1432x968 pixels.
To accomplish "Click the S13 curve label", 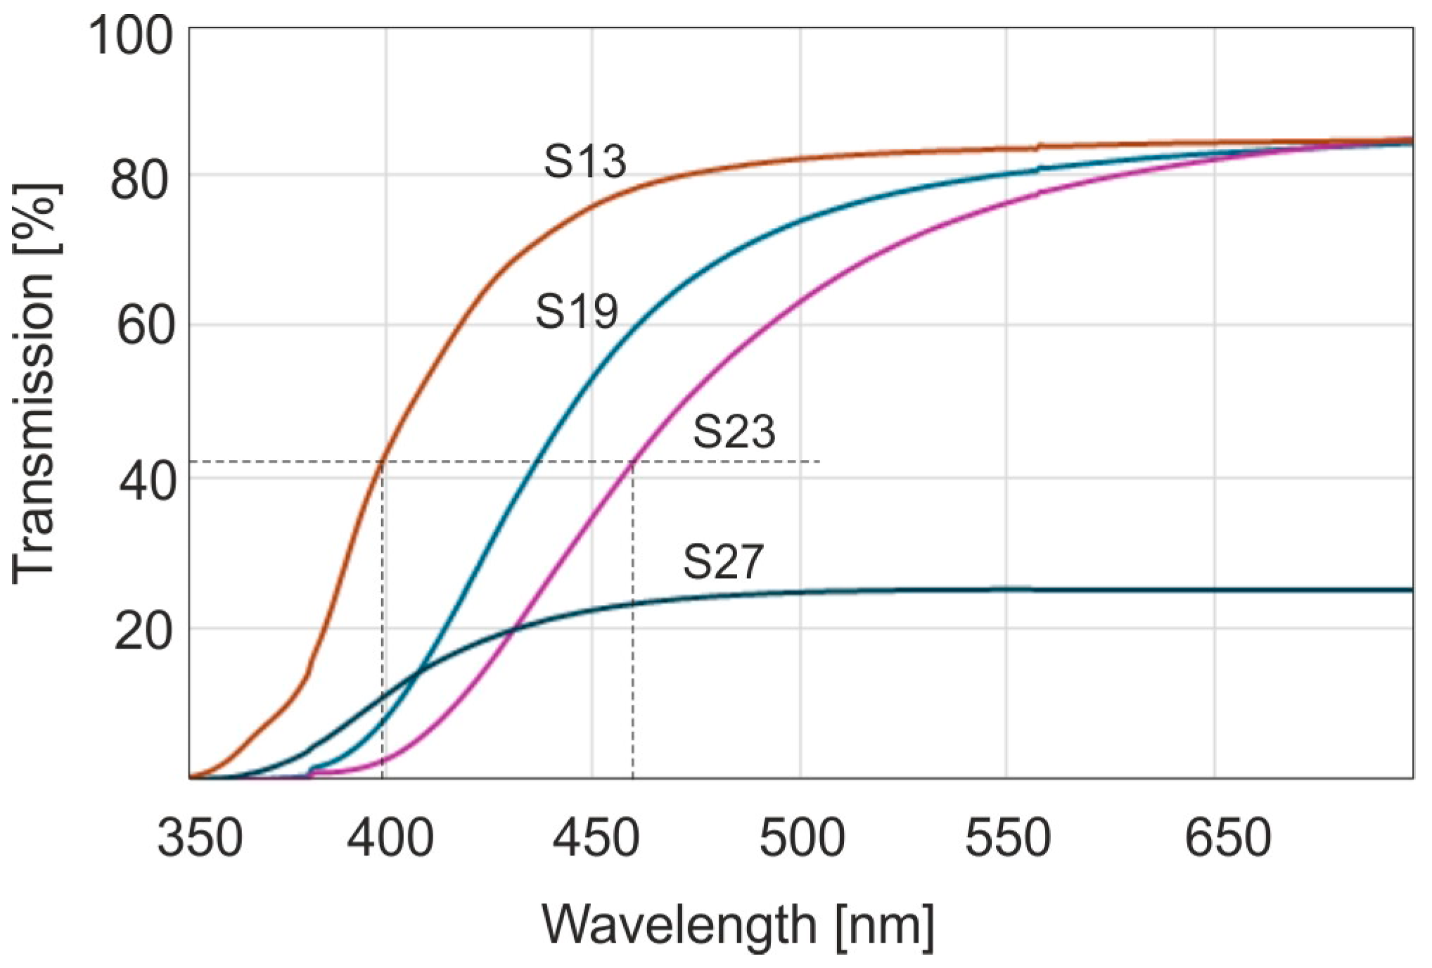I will (584, 161).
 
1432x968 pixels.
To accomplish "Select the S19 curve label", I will (577, 312).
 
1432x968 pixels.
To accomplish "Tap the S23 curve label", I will (734, 432).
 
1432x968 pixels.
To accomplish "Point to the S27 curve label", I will (722, 562).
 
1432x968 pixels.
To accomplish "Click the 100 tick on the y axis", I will (131, 37).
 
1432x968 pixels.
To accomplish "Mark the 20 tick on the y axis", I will (143, 631).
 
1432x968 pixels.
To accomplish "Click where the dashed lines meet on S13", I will (382, 461).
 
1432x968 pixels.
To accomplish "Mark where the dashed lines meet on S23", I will (633, 461).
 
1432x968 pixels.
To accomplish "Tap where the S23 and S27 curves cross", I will (514, 628).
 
